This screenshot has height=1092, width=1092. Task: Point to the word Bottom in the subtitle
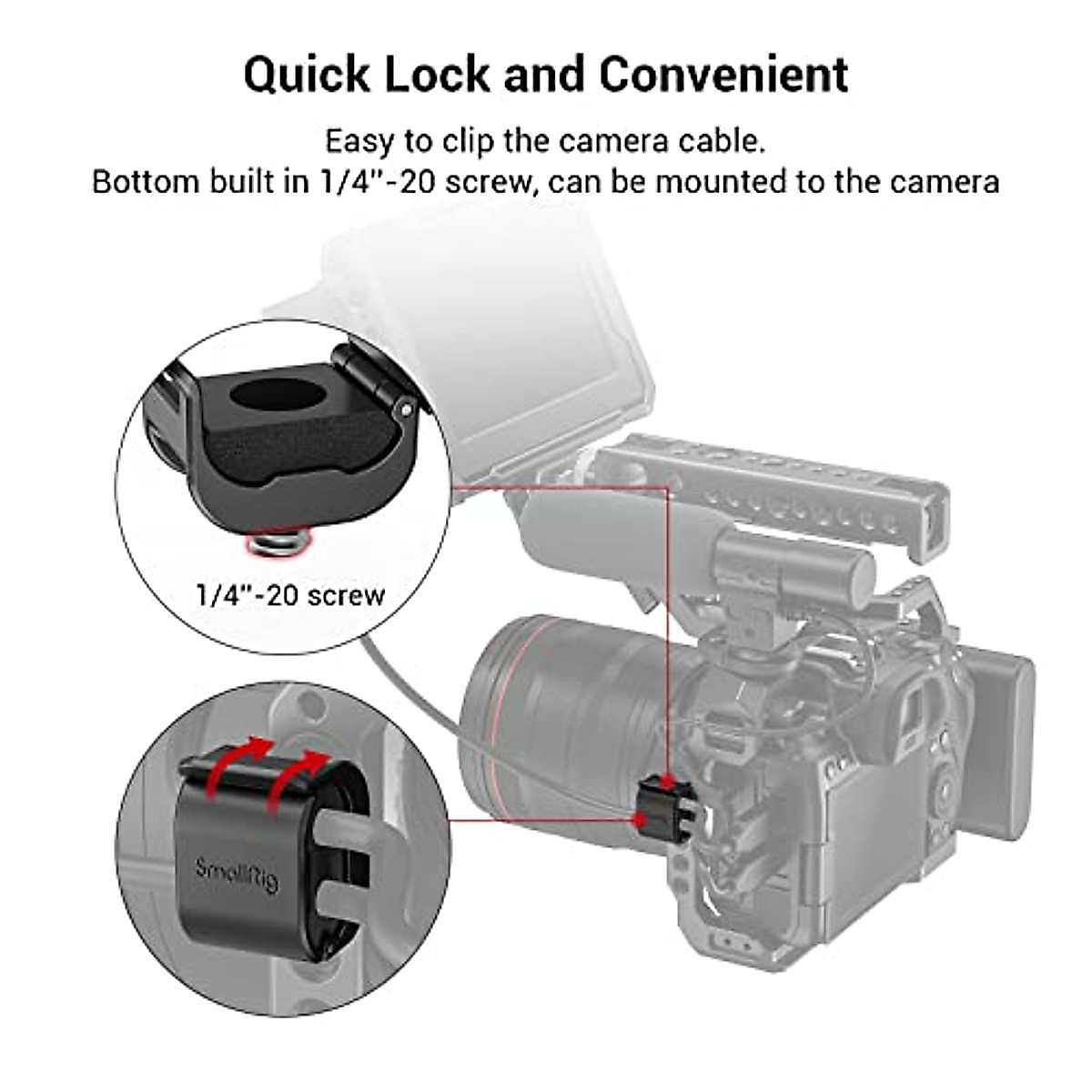tap(146, 181)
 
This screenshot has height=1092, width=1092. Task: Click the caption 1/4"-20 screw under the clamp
tap(290, 595)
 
